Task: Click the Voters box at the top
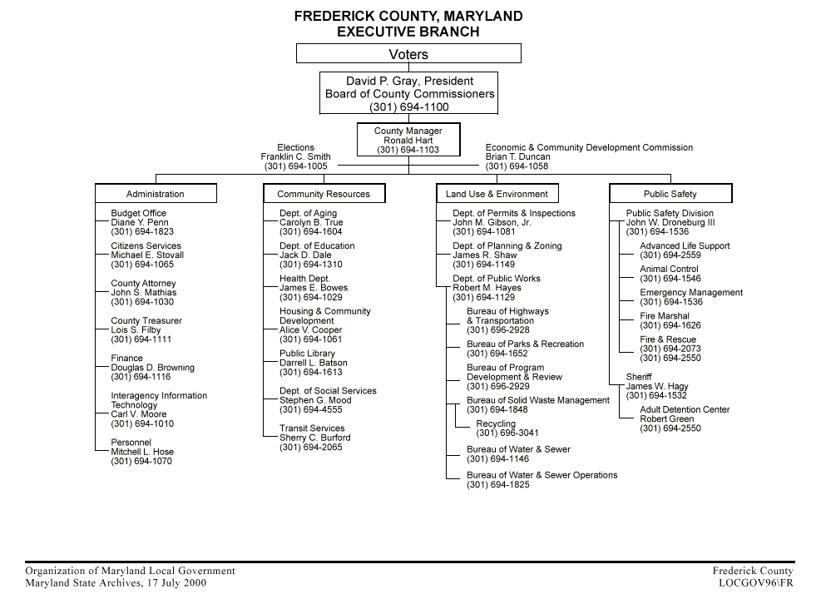[x=408, y=54]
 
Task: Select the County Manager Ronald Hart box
[x=408, y=140]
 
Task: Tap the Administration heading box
[x=156, y=194]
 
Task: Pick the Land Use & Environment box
[x=497, y=194]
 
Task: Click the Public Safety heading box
[x=670, y=194]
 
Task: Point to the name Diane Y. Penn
[x=139, y=223]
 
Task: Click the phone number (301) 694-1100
[x=408, y=107]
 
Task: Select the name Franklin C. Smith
[x=295, y=157]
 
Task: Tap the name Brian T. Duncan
[x=517, y=157]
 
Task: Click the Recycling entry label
[x=496, y=424]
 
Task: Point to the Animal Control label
[x=669, y=270]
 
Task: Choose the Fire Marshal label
[x=665, y=316]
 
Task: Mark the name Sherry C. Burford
[x=314, y=438]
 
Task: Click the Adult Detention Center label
[x=685, y=409]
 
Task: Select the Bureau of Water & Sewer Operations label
[x=542, y=475]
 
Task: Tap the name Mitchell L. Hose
[x=142, y=452]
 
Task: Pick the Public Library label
[x=307, y=354]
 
